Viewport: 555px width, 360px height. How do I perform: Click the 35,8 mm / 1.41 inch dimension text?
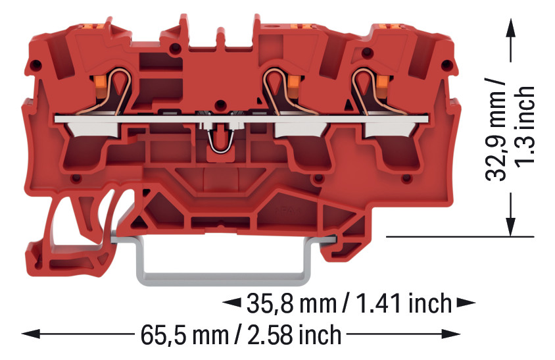tap(349, 303)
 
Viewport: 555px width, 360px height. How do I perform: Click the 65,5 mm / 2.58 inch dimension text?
tap(241, 335)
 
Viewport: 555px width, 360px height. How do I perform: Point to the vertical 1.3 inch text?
tap(524, 125)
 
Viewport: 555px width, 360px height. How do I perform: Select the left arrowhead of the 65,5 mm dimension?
tap(30, 334)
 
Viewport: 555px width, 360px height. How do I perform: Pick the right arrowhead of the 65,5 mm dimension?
tap(451, 334)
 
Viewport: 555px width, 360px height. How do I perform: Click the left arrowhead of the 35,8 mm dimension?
tap(232, 303)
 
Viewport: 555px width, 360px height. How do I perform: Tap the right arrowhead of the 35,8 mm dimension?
tap(466, 303)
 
